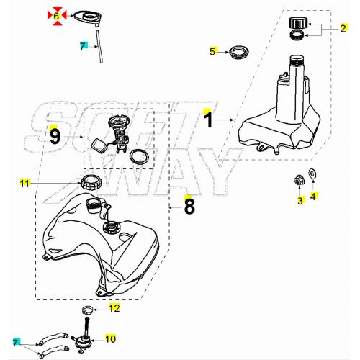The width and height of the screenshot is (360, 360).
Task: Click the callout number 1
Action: coord(209,120)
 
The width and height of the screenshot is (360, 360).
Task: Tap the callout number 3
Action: coord(300,201)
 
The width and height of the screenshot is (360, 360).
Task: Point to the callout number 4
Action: coord(313,195)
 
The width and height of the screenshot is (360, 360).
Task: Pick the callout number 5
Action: coord(212,51)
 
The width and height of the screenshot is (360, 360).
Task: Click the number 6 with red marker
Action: coord(55,14)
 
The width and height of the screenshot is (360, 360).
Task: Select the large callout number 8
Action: coord(189,207)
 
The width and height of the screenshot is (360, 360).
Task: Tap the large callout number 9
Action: coord(54,135)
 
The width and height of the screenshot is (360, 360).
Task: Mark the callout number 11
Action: coord(24,184)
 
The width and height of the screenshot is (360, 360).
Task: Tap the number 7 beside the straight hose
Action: coord(83,45)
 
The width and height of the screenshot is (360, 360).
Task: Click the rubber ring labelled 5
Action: coord(237,52)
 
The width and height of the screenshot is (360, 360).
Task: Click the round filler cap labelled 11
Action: coord(91,182)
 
